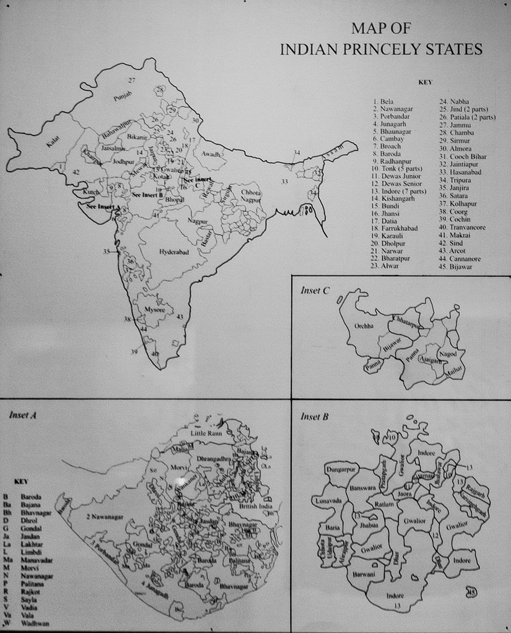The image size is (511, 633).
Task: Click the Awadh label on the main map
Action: [x=210, y=154]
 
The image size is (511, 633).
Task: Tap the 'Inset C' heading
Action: [x=315, y=290]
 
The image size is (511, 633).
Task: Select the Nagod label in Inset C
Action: [x=450, y=354]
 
